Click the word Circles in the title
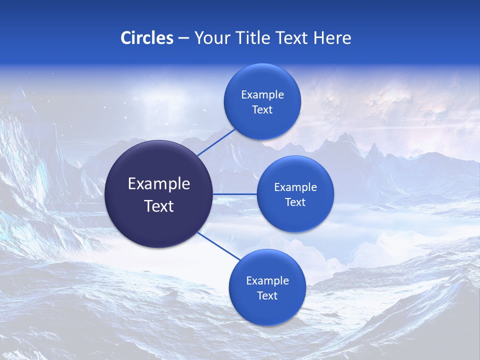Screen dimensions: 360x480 click(146, 38)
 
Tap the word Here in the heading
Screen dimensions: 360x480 click(332, 38)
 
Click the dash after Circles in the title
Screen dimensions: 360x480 click(183, 38)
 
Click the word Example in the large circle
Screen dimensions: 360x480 click(159, 184)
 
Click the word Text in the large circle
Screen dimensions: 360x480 click(159, 206)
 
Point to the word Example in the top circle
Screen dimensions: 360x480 click(262, 95)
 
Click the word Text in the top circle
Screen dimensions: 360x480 click(262, 110)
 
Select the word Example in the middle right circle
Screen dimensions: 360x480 click(295, 187)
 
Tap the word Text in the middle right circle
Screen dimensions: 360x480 click(295, 202)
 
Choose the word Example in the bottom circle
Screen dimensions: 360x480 click(267, 281)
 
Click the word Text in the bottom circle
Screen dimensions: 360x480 click(267, 296)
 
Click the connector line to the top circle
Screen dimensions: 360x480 click(216, 142)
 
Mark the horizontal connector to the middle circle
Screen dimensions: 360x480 click(235, 194)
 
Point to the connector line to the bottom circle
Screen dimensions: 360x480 click(219, 246)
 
